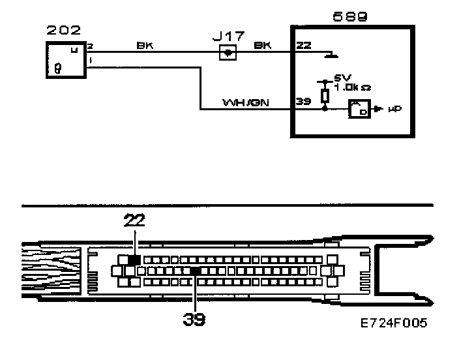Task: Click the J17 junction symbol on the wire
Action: click(x=228, y=53)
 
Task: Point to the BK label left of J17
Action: click(x=144, y=46)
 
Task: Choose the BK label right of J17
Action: click(x=262, y=46)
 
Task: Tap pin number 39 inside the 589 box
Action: click(x=303, y=102)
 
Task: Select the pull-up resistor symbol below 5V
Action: click(x=325, y=95)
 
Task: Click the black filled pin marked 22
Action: click(x=134, y=260)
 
